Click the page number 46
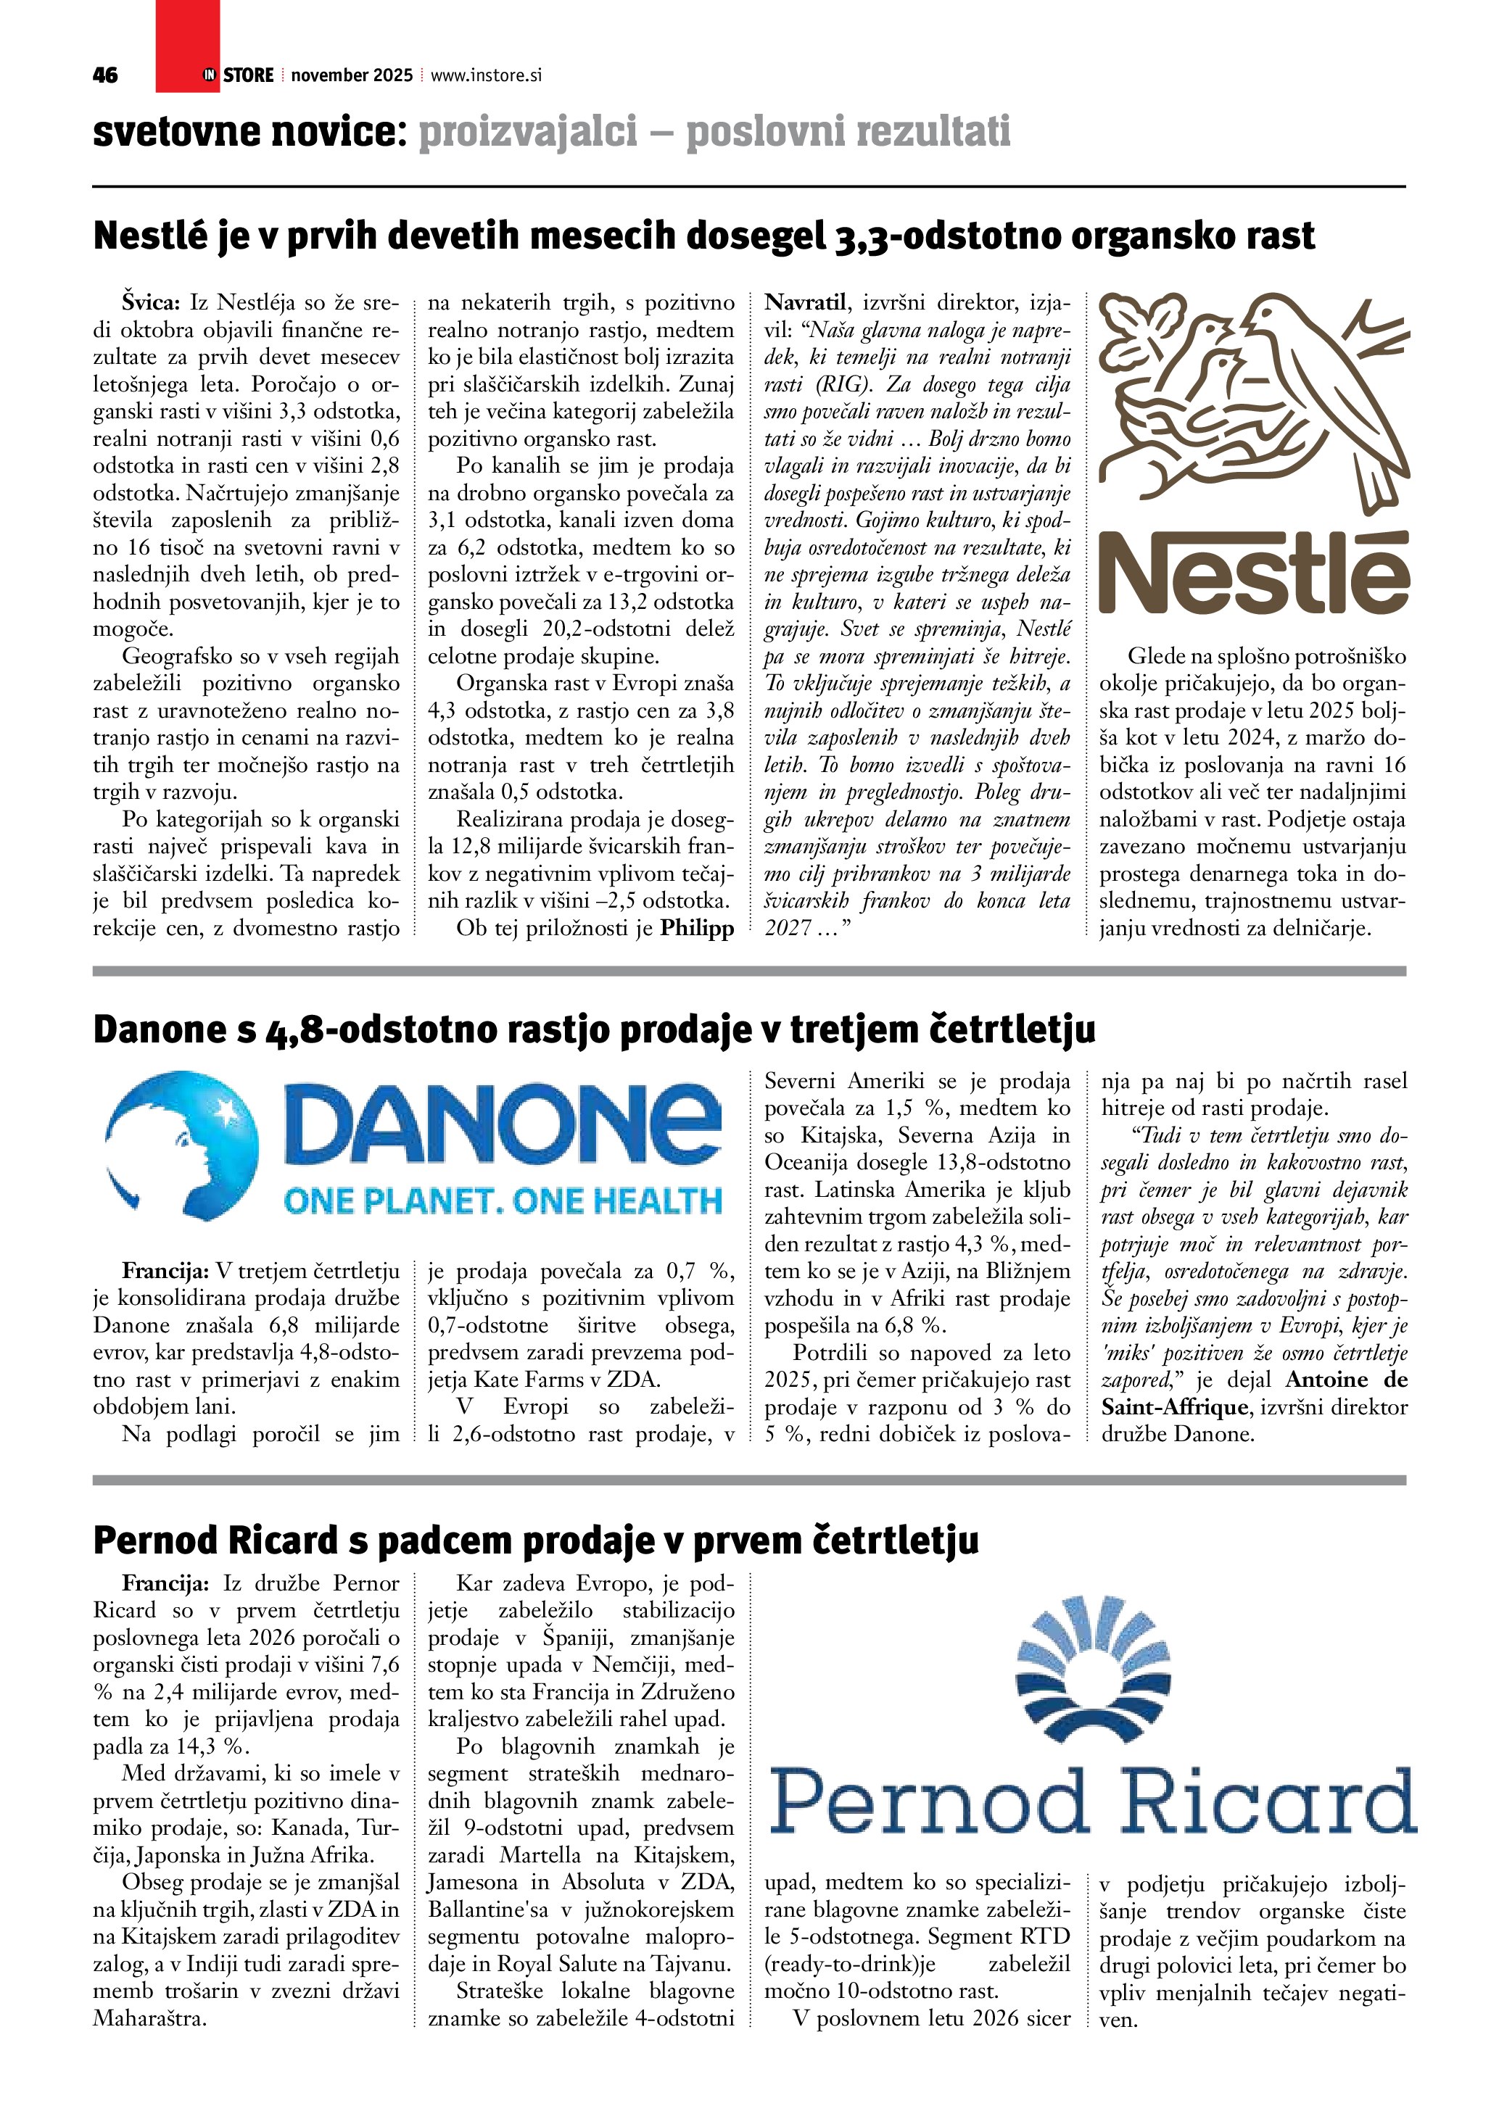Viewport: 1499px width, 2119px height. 105,75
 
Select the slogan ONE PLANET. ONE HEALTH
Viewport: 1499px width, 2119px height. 503,1201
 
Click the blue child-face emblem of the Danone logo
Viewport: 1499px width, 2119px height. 183,1142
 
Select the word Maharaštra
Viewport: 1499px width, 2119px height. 149,2018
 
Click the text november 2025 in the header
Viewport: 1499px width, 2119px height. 352,75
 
